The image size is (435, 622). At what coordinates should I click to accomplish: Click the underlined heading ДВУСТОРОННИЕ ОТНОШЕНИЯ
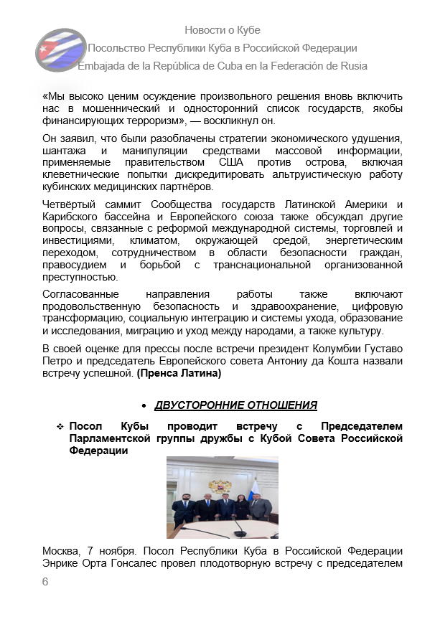pos(235,405)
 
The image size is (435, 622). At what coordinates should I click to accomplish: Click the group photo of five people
pos(222,497)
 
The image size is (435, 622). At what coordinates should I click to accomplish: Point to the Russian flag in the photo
pos(256,495)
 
